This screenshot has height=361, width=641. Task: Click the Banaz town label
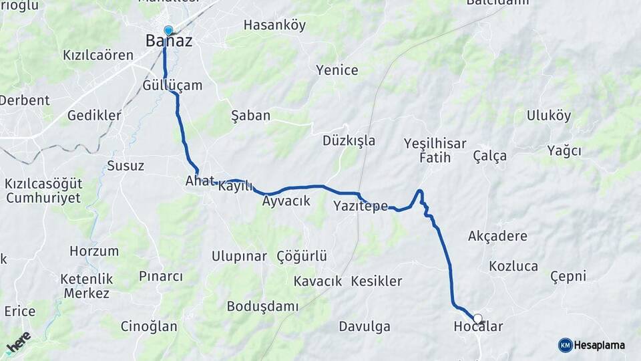pyautogui.click(x=169, y=41)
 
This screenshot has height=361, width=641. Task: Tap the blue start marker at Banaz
pyautogui.click(x=168, y=30)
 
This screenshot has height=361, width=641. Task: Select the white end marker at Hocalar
pyautogui.click(x=477, y=319)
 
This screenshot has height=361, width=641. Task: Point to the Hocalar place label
pyautogui.click(x=477, y=327)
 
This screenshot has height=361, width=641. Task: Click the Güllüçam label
pyautogui.click(x=172, y=86)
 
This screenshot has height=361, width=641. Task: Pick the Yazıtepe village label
pyautogui.click(x=361, y=206)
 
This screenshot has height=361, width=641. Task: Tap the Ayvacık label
pyautogui.click(x=286, y=201)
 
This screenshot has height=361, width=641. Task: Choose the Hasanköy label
pyautogui.click(x=274, y=25)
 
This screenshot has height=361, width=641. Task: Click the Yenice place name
pyautogui.click(x=337, y=70)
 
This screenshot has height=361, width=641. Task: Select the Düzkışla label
pyautogui.click(x=349, y=141)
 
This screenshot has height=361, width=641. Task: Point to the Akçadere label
pyautogui.click(x=497, y=236)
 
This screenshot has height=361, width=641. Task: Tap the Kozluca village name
pyautogui.click(x=513, y=266)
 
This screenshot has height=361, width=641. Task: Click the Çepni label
pyautogui.click(x=568, y=276)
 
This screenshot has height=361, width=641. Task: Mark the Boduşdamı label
pyautogui.click(x=262, y=306)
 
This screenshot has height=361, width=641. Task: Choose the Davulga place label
pyautogui.click(x=364, y=327)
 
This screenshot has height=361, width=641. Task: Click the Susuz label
pyautogui.click(x=126, y=166)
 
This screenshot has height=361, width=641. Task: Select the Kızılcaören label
pyautogui.click(x=98, y=55)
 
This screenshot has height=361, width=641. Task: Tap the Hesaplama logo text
pyautogui.click(x=599, y=345)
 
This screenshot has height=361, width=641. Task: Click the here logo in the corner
pyautogui.click(x=18, y=342)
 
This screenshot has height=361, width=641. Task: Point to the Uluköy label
pyautogui.click(x=549, y=116)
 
